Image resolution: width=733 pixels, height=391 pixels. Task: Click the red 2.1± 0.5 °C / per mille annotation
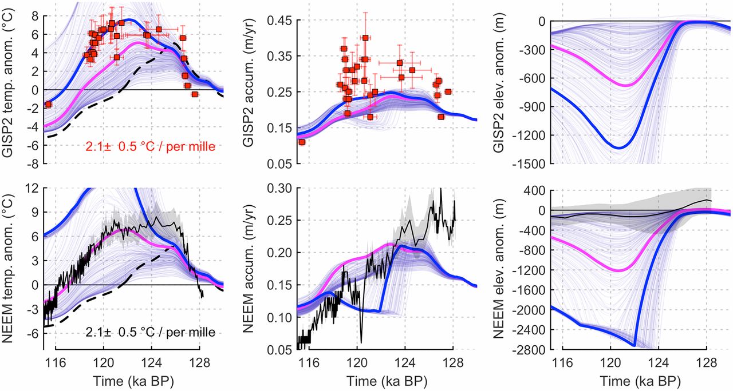151,147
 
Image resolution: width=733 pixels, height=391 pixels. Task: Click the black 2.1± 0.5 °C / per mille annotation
151,332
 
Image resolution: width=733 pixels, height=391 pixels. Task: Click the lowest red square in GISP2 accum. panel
302,142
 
